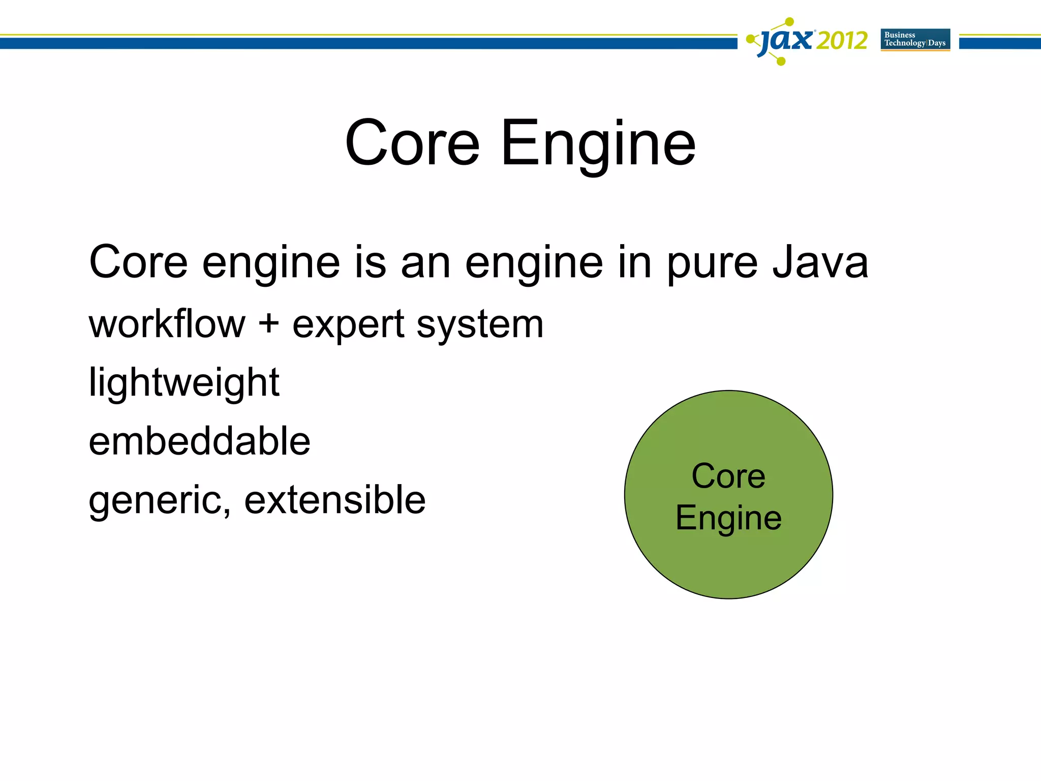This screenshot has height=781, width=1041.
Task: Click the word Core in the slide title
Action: [x=412, y=143]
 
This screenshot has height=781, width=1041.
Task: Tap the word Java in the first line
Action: [x=820, y=262]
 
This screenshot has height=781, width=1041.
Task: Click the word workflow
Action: [x=167, y=324]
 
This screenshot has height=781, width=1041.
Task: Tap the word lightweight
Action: [x=183, y=383]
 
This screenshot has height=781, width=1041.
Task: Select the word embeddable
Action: [x=199, y=441]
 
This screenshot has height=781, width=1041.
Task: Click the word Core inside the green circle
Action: [x=728, y=476]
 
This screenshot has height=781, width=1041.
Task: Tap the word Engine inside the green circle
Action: [x=728, y=518]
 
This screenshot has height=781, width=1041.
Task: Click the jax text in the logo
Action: [x=786, y=40]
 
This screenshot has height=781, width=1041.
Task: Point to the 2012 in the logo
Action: [x=842, y=40]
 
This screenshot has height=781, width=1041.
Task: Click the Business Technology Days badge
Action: [x=915, y=39]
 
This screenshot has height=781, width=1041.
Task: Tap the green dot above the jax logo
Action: [x=789, y=21]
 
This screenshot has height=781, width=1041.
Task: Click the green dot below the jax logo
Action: [x=782, y=62]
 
